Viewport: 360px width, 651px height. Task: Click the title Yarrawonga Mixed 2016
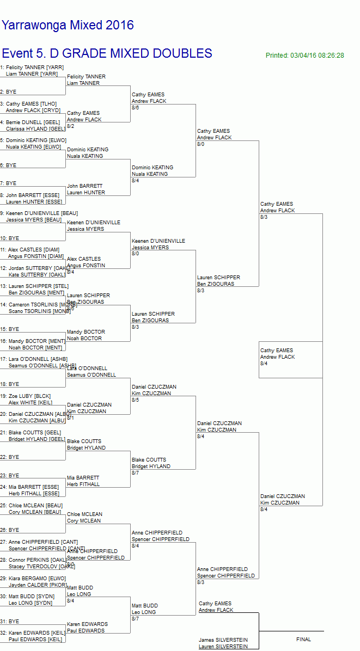coord(68,25)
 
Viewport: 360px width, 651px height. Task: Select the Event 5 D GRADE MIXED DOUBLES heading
coord(107,53)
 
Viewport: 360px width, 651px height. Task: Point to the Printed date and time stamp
coord(304,56)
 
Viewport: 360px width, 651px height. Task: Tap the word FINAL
coord(303,639)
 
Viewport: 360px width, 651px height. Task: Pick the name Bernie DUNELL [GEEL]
coord(33,122)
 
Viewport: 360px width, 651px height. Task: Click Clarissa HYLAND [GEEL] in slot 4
coord(36,129)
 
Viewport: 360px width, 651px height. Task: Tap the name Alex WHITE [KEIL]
coord(30,403)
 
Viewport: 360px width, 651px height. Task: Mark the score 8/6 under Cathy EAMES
coord(136,108)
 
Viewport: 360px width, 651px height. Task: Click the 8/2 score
coord(71,126)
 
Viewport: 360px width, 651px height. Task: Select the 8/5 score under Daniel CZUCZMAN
coord(136,400)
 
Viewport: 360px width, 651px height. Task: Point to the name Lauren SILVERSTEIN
coord(223,647)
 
